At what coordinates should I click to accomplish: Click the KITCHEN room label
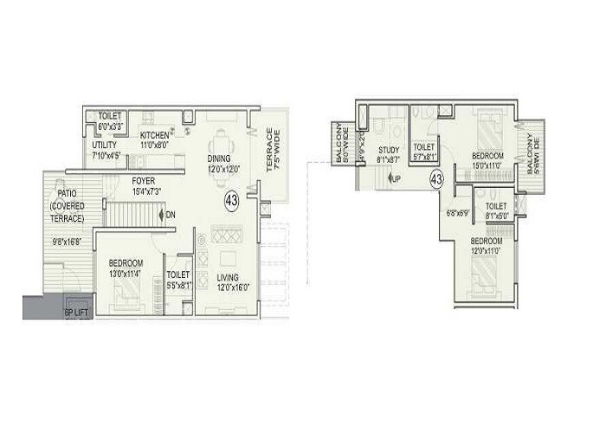pos(154,135)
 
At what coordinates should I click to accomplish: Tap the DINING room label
pos(218,158)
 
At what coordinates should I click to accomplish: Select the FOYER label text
pos(144,181)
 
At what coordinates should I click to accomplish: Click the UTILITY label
pos(104,145)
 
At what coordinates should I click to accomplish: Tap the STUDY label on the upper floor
pos(387,150)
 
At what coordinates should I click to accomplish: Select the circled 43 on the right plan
pos(436,179)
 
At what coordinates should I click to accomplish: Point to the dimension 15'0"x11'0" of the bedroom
pos(489,166)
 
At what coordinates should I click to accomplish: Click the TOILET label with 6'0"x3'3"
pos(109,120)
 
